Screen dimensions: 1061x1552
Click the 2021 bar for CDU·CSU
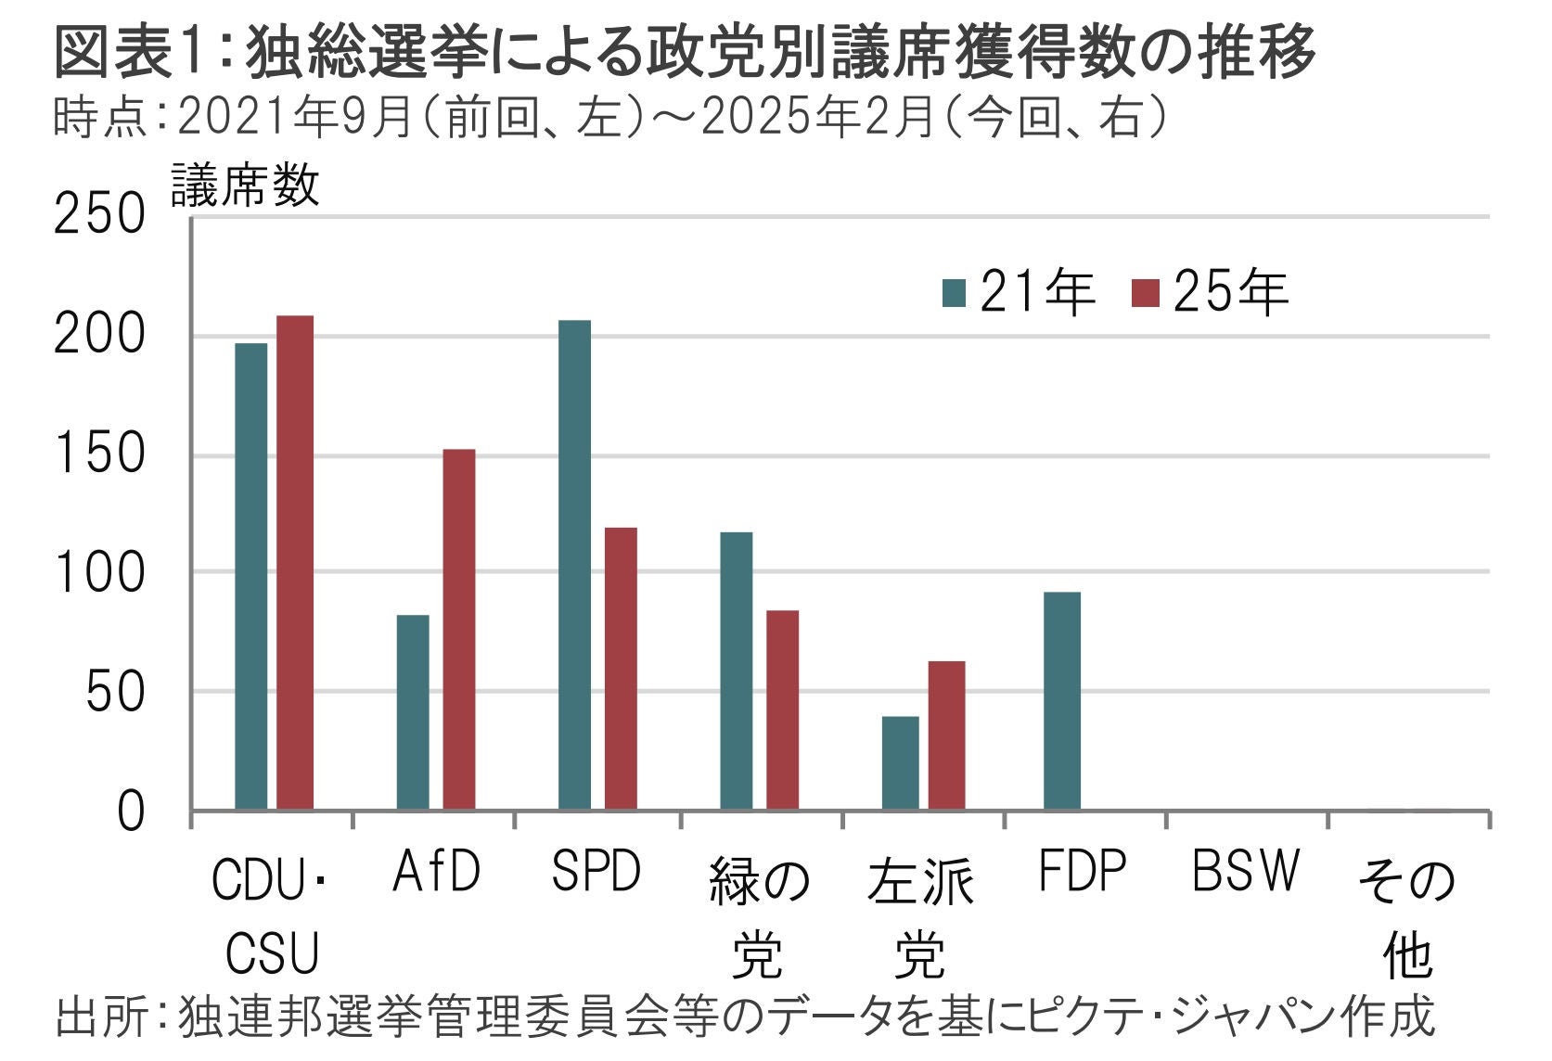(x=250, y=576)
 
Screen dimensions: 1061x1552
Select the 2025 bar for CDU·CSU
(x=295, y=562)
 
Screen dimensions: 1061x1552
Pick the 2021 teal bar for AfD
(x=413, y=711)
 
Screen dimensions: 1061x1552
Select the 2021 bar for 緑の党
(x=737, y=671)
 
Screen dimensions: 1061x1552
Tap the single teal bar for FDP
(x=1061, y=700)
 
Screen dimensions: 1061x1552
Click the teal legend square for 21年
(x=954, y=293)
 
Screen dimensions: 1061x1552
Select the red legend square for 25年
(x=1147, y=293)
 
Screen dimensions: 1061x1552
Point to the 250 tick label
(x=100, y=215)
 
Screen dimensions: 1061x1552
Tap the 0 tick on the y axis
(x=131, y=812)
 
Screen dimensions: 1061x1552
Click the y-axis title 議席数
(x=245, y=184)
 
